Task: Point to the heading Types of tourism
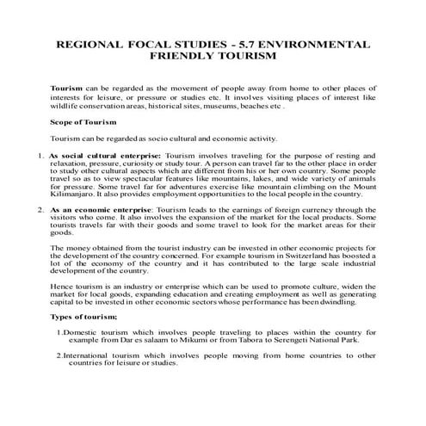pyautogui.click(x=84, y=318)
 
